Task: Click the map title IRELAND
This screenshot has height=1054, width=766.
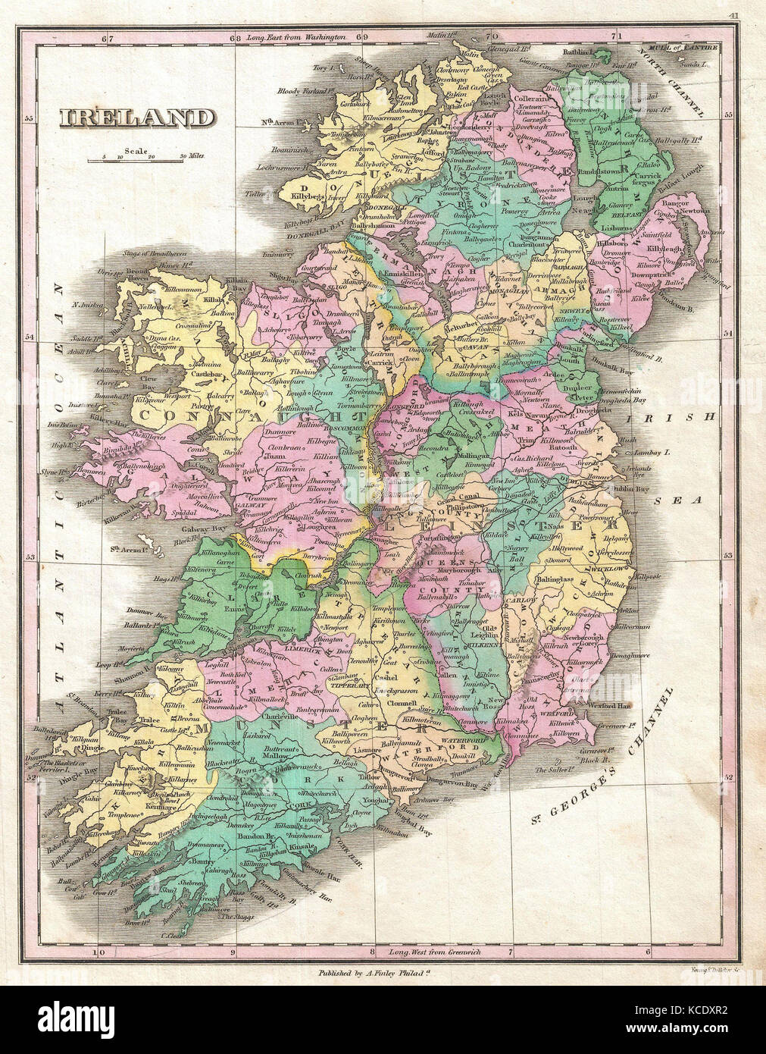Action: click(137, 118)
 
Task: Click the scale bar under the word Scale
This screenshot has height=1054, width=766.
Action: click(136, 160)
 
